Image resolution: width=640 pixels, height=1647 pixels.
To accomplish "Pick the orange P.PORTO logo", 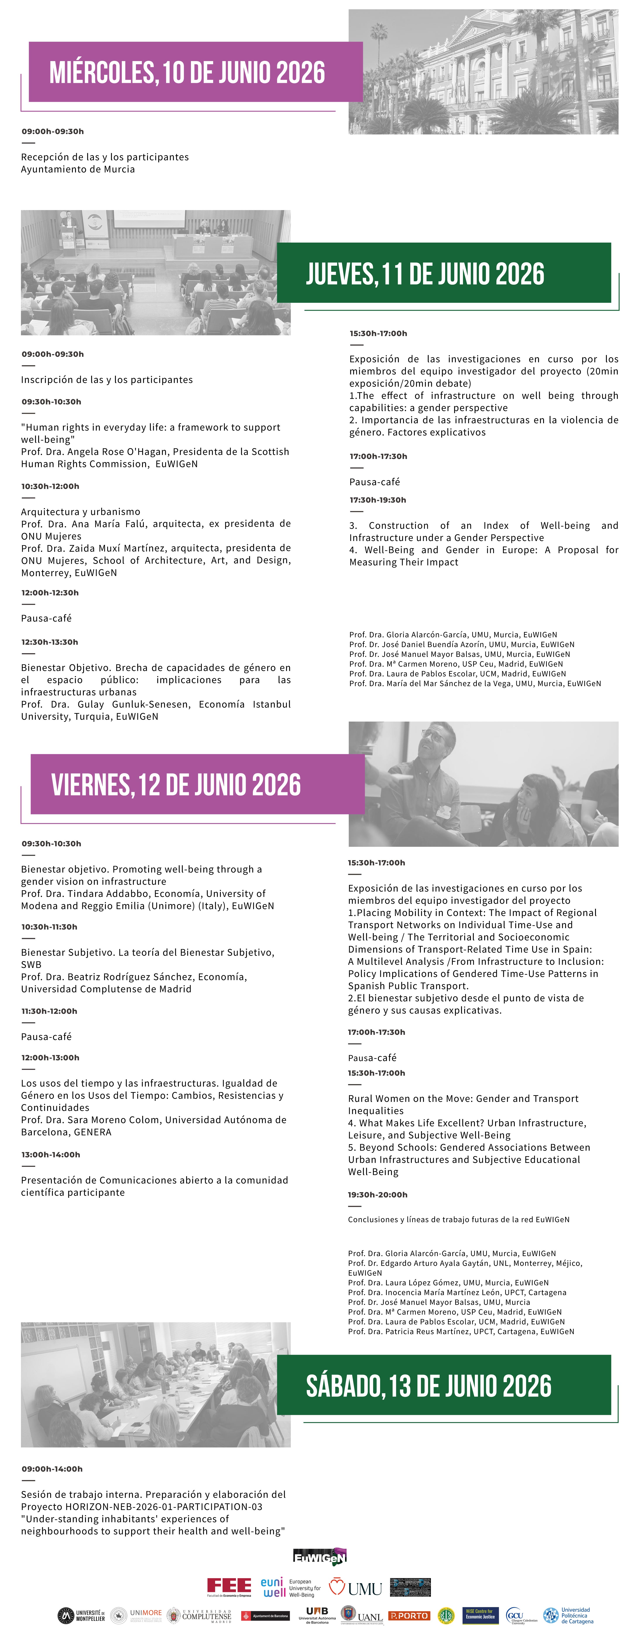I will (409, 1616).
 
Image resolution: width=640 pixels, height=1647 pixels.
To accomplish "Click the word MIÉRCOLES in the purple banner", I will (102, 73).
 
